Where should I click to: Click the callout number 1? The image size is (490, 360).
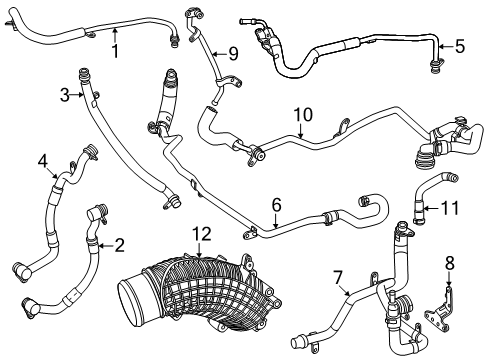coord(115,51)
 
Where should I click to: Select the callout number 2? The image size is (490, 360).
coord(119,245)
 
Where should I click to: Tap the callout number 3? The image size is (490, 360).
coord(65,95)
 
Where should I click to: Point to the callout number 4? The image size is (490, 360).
coord(43,162)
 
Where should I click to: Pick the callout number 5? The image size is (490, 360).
coord(460,46)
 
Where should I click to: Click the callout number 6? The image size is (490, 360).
coord(276,205)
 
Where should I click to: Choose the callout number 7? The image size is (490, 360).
coord(338,278)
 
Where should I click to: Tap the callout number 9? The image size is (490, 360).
coord(233,53)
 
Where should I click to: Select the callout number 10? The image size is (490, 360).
coord(303,114)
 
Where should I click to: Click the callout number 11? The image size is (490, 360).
coord(450,208)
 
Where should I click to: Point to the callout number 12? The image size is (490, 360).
coord(202,234)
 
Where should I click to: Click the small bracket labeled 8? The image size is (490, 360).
coord(440,307)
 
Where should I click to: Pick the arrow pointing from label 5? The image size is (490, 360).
coord(446,46)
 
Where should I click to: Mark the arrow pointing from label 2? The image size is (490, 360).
coord(106,246)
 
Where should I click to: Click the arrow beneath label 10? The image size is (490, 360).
coord(301,130)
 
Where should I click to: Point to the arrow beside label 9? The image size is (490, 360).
coord(220,53)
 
